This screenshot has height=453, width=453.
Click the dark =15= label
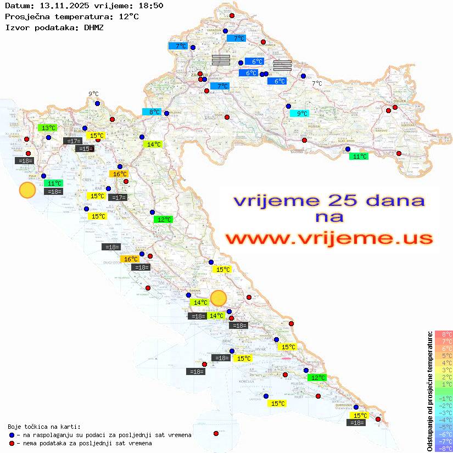pyautogui.click(x=85, y=149)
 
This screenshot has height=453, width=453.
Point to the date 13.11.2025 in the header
pyautogui.click(x=61, y=5)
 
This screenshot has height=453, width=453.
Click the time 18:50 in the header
pyautogui.click(x=150, y=5)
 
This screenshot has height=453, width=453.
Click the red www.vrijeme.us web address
pyautogui.click(x=329, y=239)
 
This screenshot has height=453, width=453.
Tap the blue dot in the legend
pyautogui.click(x=12, y=435)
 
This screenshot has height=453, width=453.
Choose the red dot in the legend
pyautogui.click(x=12, y=443)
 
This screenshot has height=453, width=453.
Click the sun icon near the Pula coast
pyautogui.click(x=27, y=191)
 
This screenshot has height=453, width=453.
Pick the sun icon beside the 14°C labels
pyautogui.click(x=219, y=298)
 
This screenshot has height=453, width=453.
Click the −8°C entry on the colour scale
pyautogui.click(x=444, y=449)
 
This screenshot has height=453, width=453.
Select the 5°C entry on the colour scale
pyautogui.click(x=444, y=356)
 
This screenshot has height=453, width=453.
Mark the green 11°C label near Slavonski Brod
pyautogui.click(x=360, y=156)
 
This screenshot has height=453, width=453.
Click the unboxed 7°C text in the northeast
pyautogui.click(x=317, y=83)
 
